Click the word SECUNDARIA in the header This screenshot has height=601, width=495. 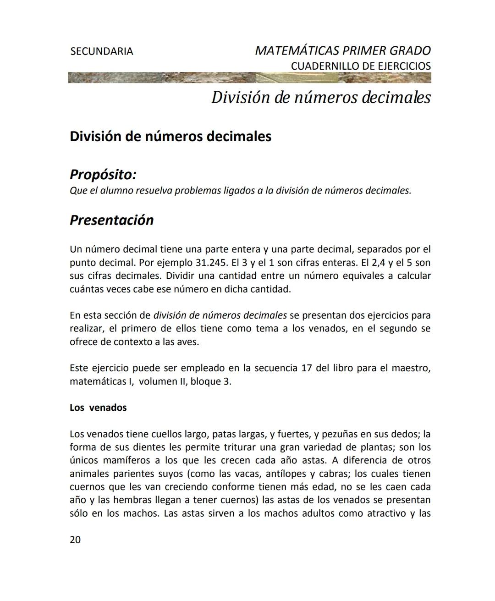point(101,51)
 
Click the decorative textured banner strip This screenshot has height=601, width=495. point(249,77)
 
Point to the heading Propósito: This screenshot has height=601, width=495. point(103,175)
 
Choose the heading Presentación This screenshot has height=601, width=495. point(111,220)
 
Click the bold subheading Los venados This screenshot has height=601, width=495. point(98,408)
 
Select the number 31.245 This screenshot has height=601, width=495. point(211,263)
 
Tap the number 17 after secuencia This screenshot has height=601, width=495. point(307,368)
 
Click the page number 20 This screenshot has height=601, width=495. point(75,540)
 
